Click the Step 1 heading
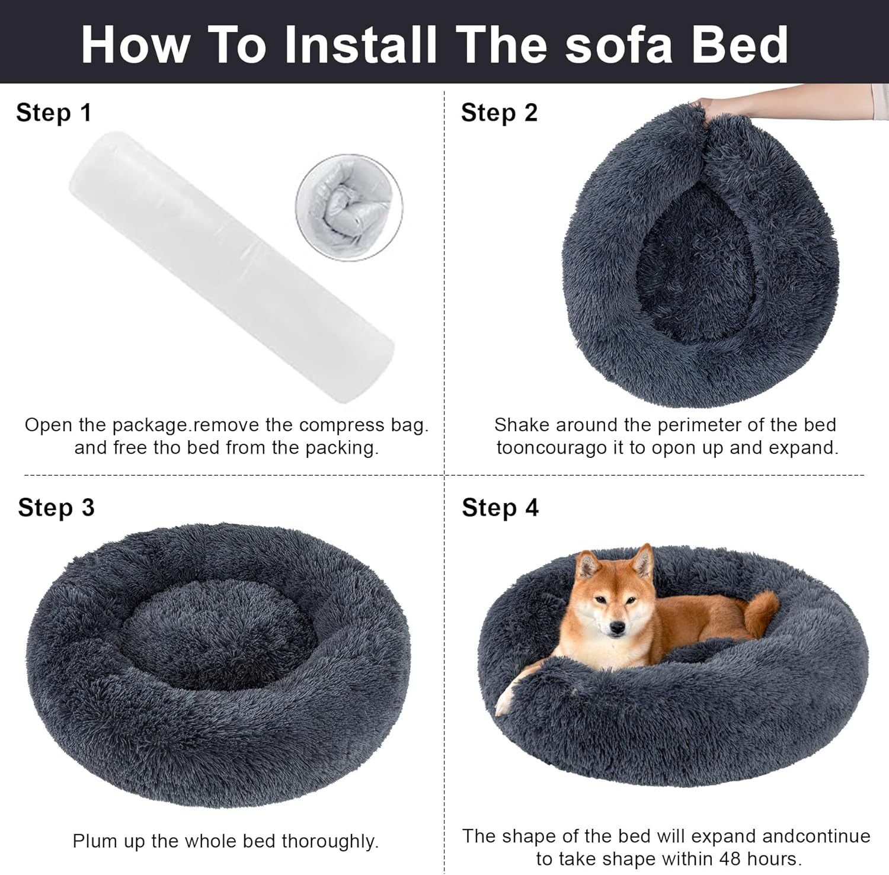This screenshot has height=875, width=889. pyautogui.click(x=54, y=113)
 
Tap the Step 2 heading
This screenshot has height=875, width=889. pyautogui.click(x=499, y=113)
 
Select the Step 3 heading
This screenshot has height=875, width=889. pyautogui.click(x=56, y=508)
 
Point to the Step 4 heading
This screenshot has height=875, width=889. pyautogui.click(x=500, y=508)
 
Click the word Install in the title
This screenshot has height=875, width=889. pyautogui.click(x=360, y=45)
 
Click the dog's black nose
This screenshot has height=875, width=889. pyautogui.click(x=617, y=629)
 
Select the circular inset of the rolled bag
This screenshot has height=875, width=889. pyautogui.click(x=349, y=207)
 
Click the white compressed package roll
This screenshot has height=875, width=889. pyautogui.click(x=231, y=267)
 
